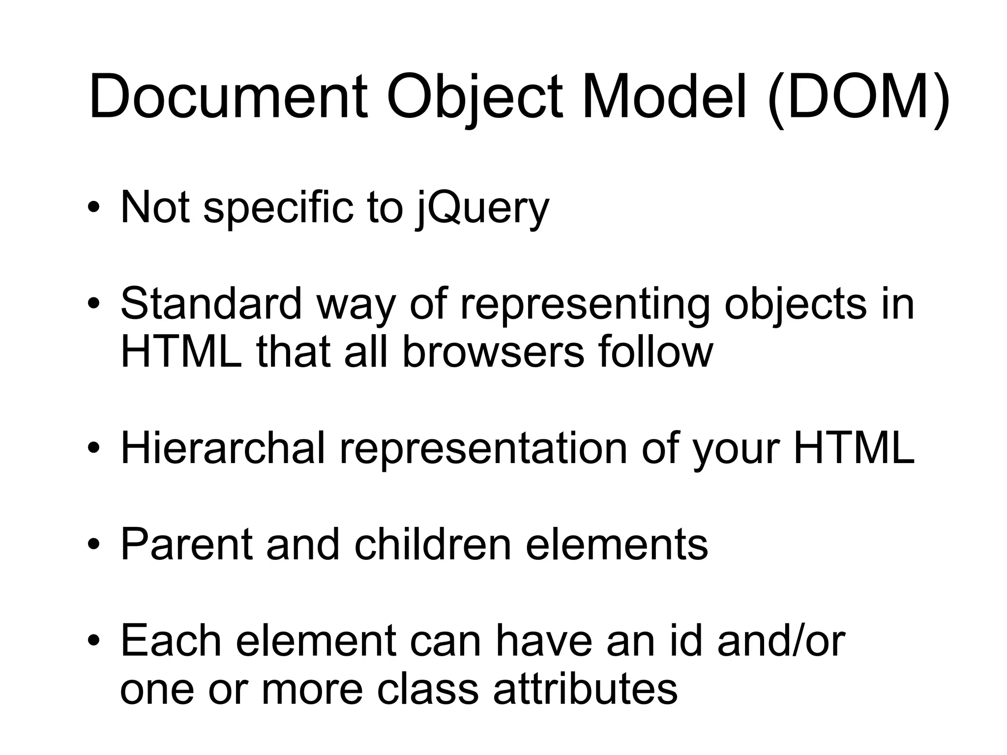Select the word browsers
493,351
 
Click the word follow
655,351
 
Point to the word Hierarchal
223,448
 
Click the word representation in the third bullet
483,449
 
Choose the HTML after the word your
854,448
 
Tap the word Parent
187,544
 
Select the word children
433,544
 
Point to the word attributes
585,689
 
